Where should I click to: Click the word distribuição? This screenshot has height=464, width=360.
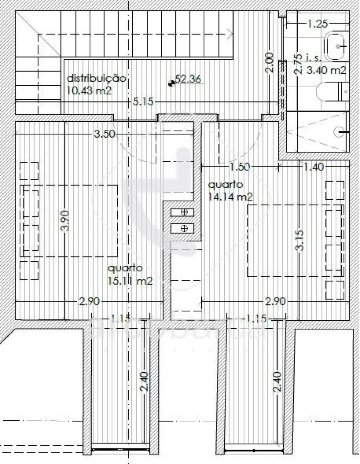96,78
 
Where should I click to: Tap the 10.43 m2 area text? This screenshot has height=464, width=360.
89,90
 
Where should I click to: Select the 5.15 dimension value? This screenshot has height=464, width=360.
143,102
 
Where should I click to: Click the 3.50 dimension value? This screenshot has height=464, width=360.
105,134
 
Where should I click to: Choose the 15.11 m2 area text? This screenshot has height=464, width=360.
130,281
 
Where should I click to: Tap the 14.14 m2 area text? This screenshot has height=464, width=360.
230,196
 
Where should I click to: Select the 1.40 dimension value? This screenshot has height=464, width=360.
314,167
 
